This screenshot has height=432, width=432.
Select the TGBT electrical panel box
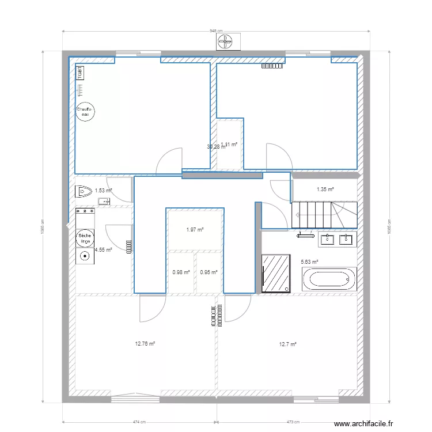point(79,73)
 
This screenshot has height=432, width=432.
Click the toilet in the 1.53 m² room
point(84,191)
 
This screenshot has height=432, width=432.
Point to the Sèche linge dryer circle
point(84,238)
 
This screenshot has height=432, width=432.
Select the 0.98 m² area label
point(181,272)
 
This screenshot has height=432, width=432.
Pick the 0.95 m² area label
point(209,272)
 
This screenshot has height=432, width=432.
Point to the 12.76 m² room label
point(145,344)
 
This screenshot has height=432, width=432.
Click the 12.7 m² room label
point(287,344)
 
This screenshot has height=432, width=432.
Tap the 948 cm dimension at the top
point(215,32)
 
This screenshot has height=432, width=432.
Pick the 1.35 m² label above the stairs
point(325,189)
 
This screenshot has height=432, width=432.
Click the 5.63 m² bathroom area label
point(310,262)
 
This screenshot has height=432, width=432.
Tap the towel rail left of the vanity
point(305,234)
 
